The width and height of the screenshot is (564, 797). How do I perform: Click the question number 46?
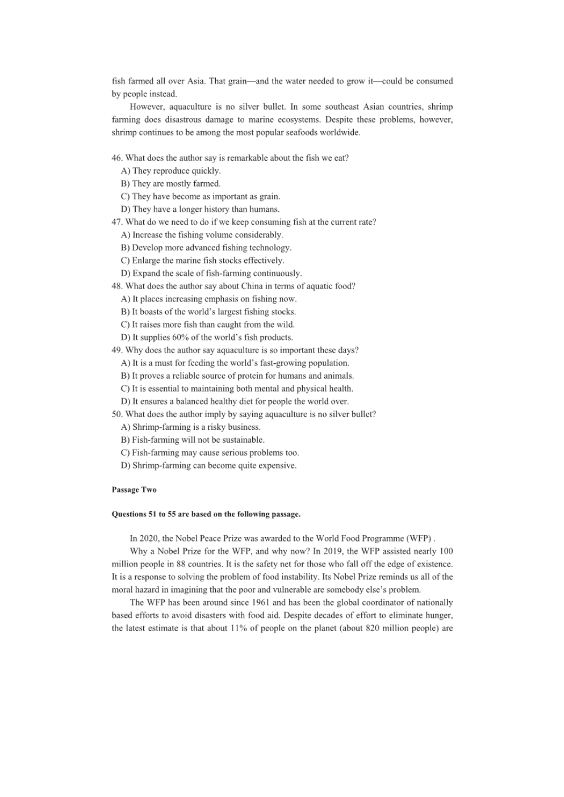116,158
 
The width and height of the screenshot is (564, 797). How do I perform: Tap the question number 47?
116,222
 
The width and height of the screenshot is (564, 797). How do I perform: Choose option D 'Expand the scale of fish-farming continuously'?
211,273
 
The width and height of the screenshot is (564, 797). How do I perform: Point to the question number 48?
116,286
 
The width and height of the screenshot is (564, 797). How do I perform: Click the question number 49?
116,350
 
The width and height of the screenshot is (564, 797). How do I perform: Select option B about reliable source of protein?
237,376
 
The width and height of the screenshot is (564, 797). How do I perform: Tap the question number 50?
116,414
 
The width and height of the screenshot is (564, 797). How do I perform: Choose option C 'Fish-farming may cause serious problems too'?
210,452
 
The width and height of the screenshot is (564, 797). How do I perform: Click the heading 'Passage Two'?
134,490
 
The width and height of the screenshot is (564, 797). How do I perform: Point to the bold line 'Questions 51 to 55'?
206,514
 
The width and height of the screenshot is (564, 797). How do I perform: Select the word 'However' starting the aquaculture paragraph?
147,107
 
